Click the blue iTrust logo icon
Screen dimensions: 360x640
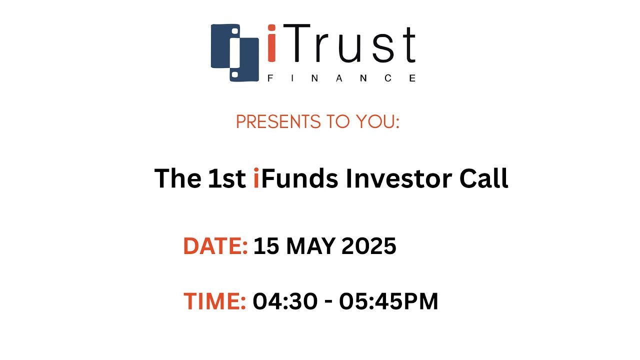(x=234, y=52)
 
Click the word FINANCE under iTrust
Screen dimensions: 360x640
(x=341, y=78)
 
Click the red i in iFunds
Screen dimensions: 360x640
(x=256, y=178)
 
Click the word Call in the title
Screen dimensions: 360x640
(x=483, y=178)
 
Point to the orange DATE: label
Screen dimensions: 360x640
(x=215, y=246)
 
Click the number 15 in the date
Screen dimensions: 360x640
(x=265, y=246)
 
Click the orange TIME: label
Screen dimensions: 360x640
(x=214, y=301)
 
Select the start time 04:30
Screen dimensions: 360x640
(x=285, y=301)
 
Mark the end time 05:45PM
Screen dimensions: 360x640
(x=388, y=301)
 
